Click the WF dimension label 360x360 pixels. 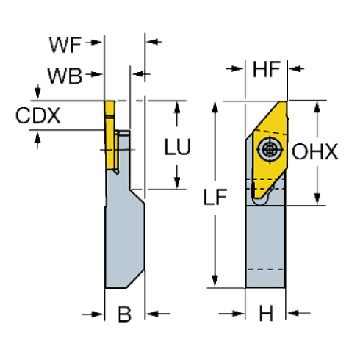click(66, 45)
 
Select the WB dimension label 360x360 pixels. click(65, 75)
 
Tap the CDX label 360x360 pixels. click(37, 115)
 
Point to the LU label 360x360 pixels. click(177, 146)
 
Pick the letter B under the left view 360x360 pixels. click(125, 315)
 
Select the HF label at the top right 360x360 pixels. click(266, 70)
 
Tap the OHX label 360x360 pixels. click(314, 152)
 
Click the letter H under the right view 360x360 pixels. click(267, 314)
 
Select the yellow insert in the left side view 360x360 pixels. click(110, 136)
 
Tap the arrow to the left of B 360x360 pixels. click(96, 314)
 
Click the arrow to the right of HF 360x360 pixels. click(297, 70)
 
